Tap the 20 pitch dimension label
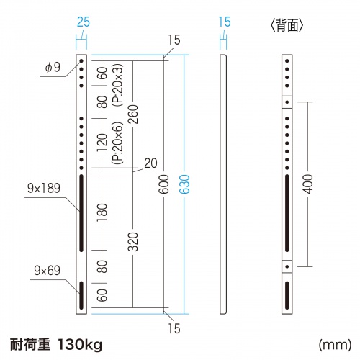tap(150, 163)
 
